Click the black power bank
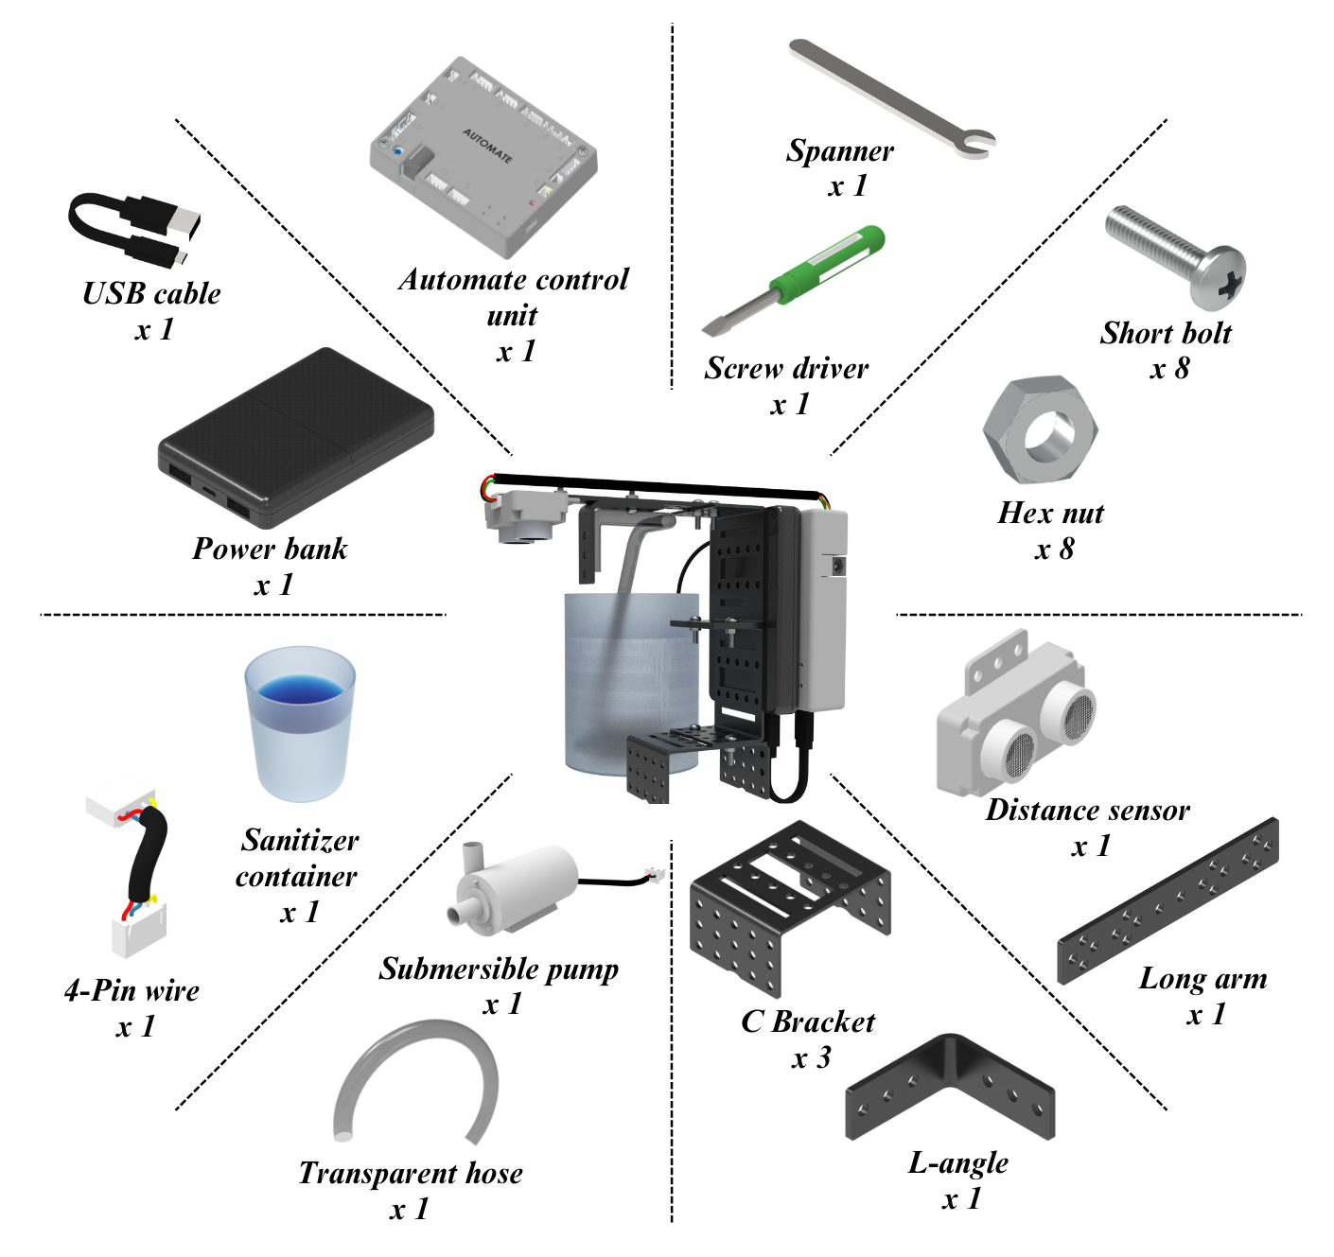[295, 435]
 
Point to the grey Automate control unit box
[483, 156]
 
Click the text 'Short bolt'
[1166, 333]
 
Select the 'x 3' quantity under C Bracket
[811, 1058]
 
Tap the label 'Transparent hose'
[411, 1173]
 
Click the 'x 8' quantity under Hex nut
[1054, 550]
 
